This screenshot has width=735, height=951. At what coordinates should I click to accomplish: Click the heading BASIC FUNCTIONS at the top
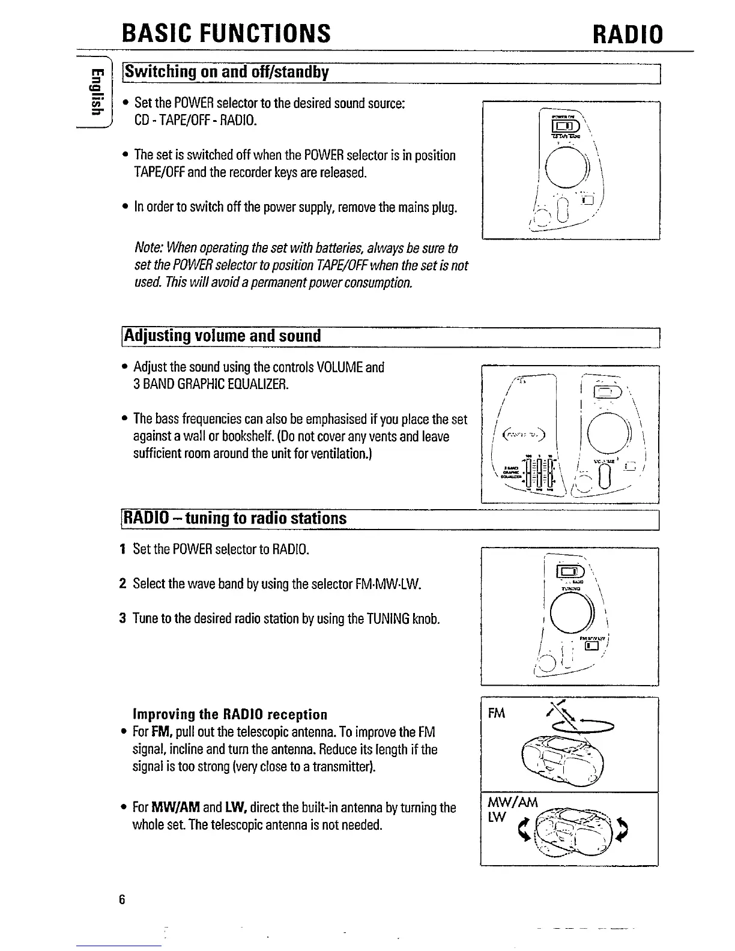coord(226,34)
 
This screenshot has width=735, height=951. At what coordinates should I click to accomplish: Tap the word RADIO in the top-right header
coord(628,34)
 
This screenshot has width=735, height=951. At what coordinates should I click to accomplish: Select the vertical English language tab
coord(93,91)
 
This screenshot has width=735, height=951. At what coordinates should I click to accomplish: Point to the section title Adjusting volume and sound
coord(222,336)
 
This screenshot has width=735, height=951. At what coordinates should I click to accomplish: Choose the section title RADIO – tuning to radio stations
coord(235,518)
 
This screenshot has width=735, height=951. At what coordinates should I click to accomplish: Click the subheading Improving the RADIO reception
coord(230,714)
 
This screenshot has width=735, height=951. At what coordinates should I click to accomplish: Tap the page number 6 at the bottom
coord(122,899)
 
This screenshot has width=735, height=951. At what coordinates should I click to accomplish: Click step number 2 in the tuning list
coord(122,584)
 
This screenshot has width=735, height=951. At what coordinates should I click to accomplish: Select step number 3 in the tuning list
coord(122,618)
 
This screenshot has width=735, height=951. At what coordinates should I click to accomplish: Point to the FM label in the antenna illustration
coord(497,713)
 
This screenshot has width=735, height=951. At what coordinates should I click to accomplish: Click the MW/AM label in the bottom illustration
coord(513,803)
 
